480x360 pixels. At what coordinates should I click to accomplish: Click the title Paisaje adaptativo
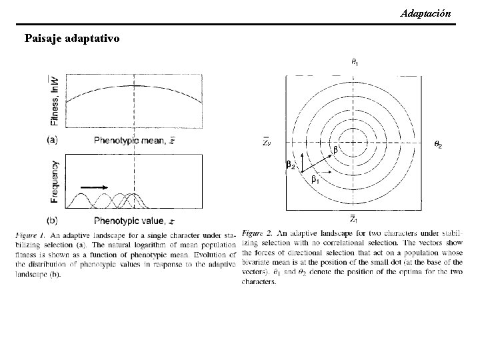pyautogui.click(x=72, y=38)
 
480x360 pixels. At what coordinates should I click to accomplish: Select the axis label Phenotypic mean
pyautogui.click(x=134, y=140)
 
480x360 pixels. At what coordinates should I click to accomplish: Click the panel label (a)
pyautogui.click(x=52, y=140)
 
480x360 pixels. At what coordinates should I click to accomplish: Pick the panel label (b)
pyautogui.click(x=52, y=220)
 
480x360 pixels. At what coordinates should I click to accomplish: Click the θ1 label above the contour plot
pyautogui.click(x=354, y=63)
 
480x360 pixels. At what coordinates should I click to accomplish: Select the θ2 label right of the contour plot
pyautogui.click(x=438, y=144)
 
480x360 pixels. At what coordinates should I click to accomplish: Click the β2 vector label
pyautogui.click(x=289, y=165)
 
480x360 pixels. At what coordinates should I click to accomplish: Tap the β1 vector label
pyautogui.click(x=314, y=179)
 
